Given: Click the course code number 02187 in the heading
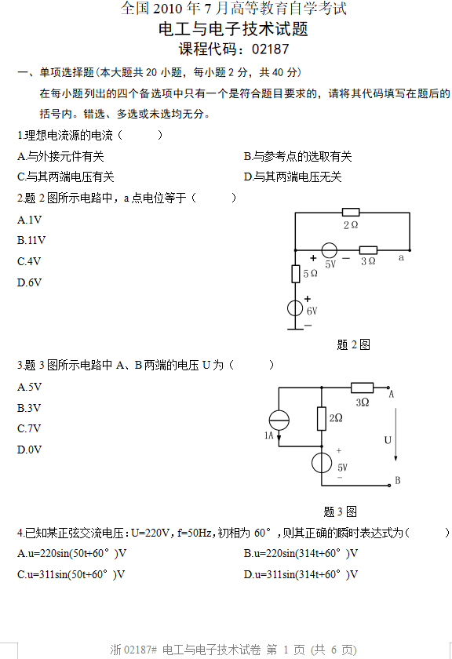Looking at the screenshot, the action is click(271, 49).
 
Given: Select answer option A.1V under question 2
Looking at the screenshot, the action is click(30, 220).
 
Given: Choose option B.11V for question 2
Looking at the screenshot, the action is click(31, 240).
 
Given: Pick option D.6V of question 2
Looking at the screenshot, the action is click(30, 282).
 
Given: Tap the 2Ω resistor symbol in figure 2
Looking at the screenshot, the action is click(351, 213).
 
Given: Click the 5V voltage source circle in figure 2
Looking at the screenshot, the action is click(330, 250).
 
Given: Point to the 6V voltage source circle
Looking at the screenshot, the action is click(295, 308).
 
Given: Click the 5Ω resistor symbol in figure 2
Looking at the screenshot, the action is click(296, 274).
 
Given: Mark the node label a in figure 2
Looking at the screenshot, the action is click(401, 257).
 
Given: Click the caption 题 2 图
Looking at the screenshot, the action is click(354, 344).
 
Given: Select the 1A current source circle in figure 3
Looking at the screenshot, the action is click(279, 420).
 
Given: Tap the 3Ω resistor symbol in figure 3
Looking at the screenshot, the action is click(362, 387).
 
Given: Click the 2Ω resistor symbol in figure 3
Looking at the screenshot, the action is click(322, 419).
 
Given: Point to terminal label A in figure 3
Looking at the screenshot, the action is click(391, 394).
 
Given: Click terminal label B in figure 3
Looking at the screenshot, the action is click(397, 480).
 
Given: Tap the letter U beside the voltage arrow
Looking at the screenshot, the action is click(388, 440).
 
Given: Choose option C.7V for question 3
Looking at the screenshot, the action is click(29, 428).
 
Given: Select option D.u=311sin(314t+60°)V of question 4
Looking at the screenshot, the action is click(301, 574).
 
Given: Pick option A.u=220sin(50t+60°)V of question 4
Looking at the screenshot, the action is click(72, 554).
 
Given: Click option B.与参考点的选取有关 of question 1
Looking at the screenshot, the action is click(297, 156).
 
